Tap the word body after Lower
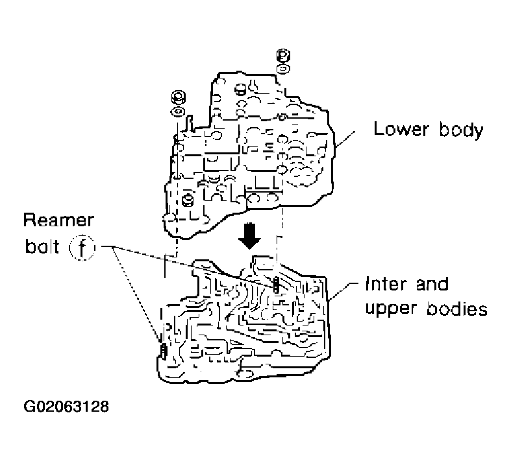tap(459, 129)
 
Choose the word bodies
tap(458, 309)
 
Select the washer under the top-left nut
tap(176, 111)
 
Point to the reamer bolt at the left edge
tap(164, 351)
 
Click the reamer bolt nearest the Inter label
tap(277, 284)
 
